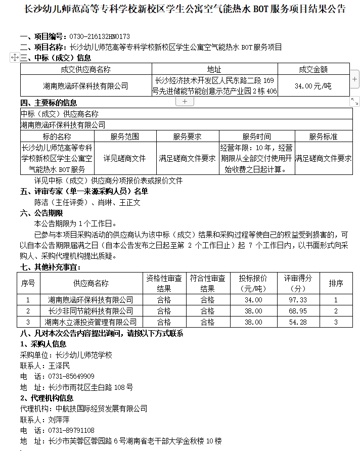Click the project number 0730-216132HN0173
(x=99, y=37)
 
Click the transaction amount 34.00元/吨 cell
(x=313, y=86)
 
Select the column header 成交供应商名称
(x=85, y=69)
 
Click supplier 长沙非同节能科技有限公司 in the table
(x=91, y=311)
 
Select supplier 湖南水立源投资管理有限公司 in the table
(x=91, y=322)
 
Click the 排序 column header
(x=336, y=284)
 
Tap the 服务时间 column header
(x=256, y=137)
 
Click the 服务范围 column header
(x=124, y=137)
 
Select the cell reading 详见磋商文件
(x=124, y=158)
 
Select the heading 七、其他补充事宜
(x=50, y=266)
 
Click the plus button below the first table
(x=185, y=102)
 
